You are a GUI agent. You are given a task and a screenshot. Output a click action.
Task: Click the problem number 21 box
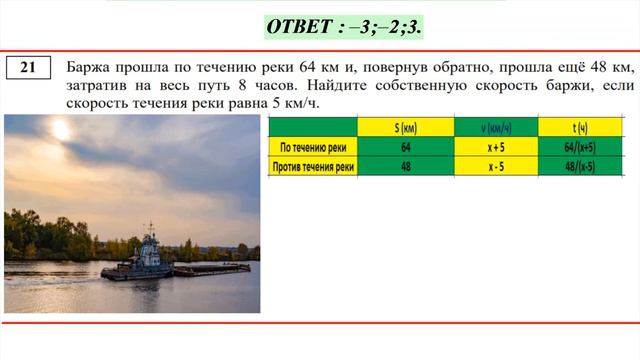click(28, 67)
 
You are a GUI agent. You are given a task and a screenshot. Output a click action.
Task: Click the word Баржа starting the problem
click(89, 67)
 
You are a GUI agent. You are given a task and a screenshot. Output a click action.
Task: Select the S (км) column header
click(405, 127)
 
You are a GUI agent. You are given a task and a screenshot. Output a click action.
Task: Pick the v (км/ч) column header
click(496, 127)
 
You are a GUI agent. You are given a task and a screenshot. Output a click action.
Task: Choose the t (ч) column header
click(580, 127)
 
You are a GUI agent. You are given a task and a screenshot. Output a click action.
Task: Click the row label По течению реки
click(314, 147)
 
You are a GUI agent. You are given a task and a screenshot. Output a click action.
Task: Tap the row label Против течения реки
click(314, 166)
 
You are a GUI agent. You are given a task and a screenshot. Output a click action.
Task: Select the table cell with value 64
click(405, 147)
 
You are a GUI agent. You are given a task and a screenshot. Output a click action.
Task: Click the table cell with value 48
click(405, 166)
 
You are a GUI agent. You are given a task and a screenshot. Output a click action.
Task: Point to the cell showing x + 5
click(496, 147)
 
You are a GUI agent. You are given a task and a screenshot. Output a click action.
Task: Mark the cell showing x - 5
click(496, 166)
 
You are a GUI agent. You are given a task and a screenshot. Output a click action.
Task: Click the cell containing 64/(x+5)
click(580, 147)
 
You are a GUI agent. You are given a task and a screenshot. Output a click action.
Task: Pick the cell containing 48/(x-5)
click(580, 166)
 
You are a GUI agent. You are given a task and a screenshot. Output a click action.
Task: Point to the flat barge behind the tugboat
click(211, 269)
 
